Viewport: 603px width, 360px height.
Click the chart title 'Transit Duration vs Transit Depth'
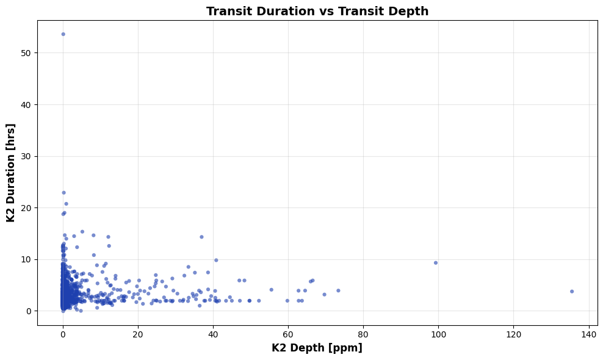317,11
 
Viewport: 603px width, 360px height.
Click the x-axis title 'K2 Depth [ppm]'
317,348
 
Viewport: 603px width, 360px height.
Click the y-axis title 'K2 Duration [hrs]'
11,173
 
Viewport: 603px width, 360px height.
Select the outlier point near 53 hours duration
63,34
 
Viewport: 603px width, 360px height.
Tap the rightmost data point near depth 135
572,292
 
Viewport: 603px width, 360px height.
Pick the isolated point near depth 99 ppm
436,263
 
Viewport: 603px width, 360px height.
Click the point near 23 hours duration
63,193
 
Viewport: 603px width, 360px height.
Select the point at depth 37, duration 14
201,237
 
